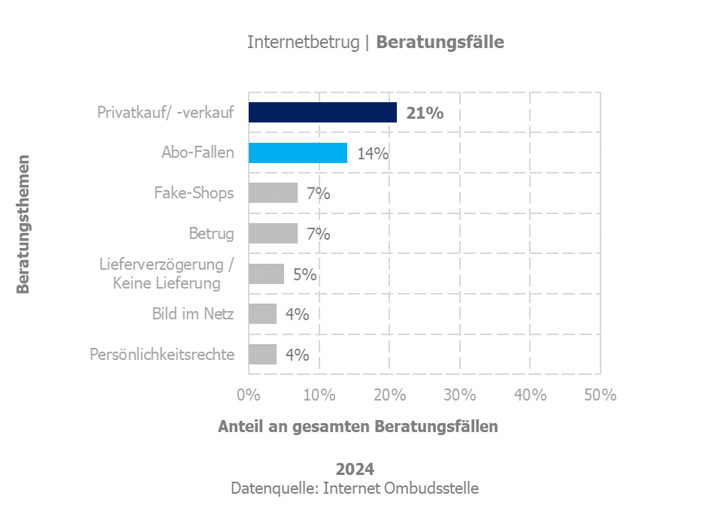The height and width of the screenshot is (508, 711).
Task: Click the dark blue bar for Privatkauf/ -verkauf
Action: point(322,113)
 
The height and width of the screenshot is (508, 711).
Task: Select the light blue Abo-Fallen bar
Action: point(298,153)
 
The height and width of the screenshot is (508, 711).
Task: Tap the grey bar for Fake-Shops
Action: point(273,193)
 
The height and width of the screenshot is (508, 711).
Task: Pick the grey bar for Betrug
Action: point(273,234)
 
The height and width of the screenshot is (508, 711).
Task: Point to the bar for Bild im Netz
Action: point(262,314)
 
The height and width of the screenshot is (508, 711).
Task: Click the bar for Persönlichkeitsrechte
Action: point(262,355)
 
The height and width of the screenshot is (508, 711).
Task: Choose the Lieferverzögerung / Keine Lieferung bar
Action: point(266,274)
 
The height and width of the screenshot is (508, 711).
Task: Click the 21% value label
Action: point(425,113)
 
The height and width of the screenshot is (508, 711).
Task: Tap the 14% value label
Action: point(373,154)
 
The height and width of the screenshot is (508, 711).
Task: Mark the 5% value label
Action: point(304,275)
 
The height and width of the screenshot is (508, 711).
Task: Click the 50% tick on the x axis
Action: point(601,395)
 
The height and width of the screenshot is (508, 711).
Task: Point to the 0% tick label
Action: point(249,395)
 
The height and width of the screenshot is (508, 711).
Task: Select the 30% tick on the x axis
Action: point(460,395)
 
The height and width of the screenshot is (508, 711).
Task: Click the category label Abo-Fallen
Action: point(198,153)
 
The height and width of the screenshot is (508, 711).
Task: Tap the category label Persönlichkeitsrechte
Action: point(162,355)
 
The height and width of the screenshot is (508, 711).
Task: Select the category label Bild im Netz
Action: point(193,314)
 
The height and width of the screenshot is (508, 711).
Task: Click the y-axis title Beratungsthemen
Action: point(23,224)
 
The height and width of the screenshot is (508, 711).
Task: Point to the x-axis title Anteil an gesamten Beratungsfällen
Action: point(358,427)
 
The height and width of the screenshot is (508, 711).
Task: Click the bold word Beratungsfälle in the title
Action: point(440,42)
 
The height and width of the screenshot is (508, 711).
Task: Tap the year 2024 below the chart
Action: point(355,470)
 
